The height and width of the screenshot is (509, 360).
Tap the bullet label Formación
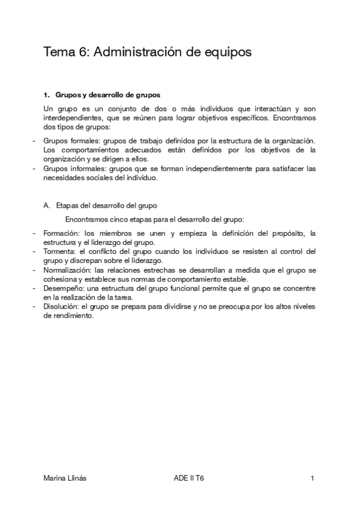point(62,233)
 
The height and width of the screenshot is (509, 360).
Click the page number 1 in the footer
point(313,478)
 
